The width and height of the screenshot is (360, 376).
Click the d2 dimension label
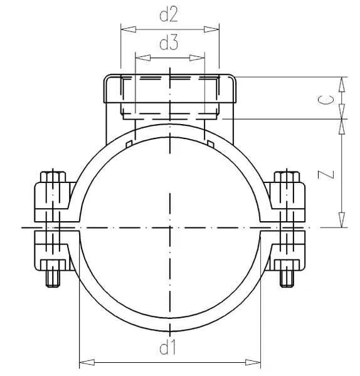coord(169,15)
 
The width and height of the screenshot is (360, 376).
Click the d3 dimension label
coord(169,43)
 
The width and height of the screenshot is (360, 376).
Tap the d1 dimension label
coord(167,347)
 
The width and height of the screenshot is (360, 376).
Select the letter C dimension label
coord(326,100)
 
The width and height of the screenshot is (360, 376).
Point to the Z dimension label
coord(326,175)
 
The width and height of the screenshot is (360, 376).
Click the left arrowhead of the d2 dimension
coord(129,29)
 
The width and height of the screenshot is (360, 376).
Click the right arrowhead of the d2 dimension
coord(211,29)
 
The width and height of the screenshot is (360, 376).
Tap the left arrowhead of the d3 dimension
coord(143,58)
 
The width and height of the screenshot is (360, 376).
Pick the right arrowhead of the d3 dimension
coord(197,58)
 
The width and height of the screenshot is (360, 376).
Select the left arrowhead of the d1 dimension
coord(87,362)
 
